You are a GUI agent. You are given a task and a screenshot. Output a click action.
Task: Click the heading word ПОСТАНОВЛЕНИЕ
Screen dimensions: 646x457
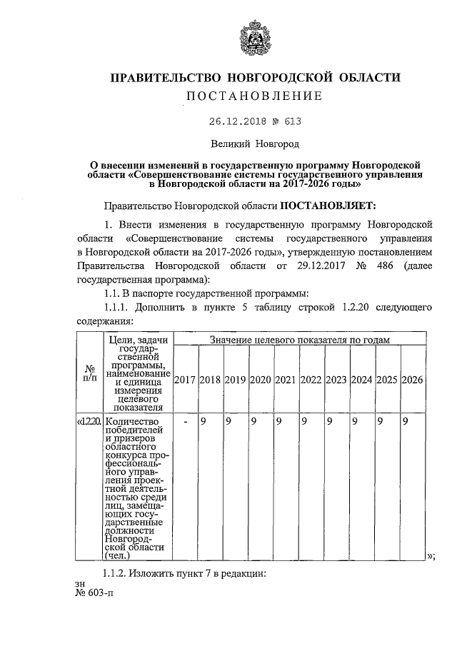click(x=254, y=96)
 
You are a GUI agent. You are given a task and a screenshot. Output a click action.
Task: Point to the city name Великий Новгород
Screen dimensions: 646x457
click(x=254, y=144)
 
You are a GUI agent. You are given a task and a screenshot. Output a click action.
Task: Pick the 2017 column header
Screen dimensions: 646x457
click(x=185, y=379)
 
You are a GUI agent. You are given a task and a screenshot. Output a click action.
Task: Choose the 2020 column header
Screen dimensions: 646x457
click(x=261, y=379)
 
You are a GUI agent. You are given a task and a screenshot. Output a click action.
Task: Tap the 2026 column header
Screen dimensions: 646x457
click(x=412, y=379)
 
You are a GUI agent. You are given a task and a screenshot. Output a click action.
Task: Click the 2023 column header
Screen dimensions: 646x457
click(x=336, y=379)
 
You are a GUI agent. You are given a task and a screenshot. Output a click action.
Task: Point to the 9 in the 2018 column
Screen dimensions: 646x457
click(x=203, y=422)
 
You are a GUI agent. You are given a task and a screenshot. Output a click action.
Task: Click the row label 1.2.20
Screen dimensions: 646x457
click(x=90, y=422)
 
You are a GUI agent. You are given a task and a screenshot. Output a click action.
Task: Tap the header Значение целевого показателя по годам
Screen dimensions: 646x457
click(x=298, y=340)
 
